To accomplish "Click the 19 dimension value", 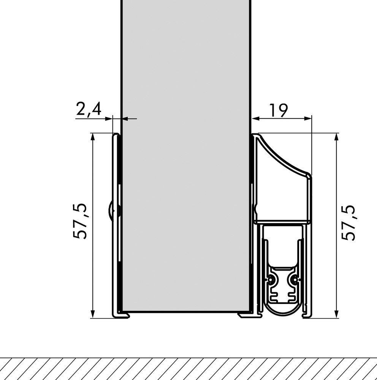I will [x=279, y=110].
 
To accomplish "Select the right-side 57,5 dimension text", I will [x=348, y=223].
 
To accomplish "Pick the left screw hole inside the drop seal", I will [x=270, y=280].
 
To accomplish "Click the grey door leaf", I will [x=186, y=152].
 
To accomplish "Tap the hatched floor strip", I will [x=188, y=369].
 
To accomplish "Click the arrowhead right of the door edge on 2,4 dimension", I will [x=125, y=119].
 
